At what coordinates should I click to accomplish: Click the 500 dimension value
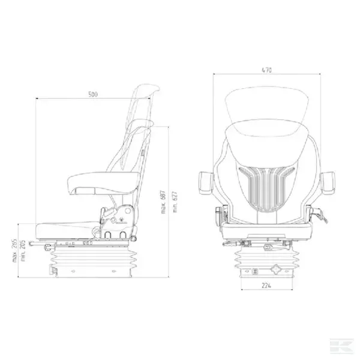click(93, 94)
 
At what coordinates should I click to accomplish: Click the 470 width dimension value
click(266, 70)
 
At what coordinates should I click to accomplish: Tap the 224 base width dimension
click(266, 286)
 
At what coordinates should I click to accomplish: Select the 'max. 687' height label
click(163, 202)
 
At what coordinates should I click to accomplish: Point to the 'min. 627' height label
click(175, 202)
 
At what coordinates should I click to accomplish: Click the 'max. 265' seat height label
click(14, 250)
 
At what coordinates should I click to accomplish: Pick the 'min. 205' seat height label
click(23, 251)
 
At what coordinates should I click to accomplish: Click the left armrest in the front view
click(206, 183)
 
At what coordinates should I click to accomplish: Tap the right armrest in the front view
click(328, 183)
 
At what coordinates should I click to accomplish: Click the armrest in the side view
click(104, 183)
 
